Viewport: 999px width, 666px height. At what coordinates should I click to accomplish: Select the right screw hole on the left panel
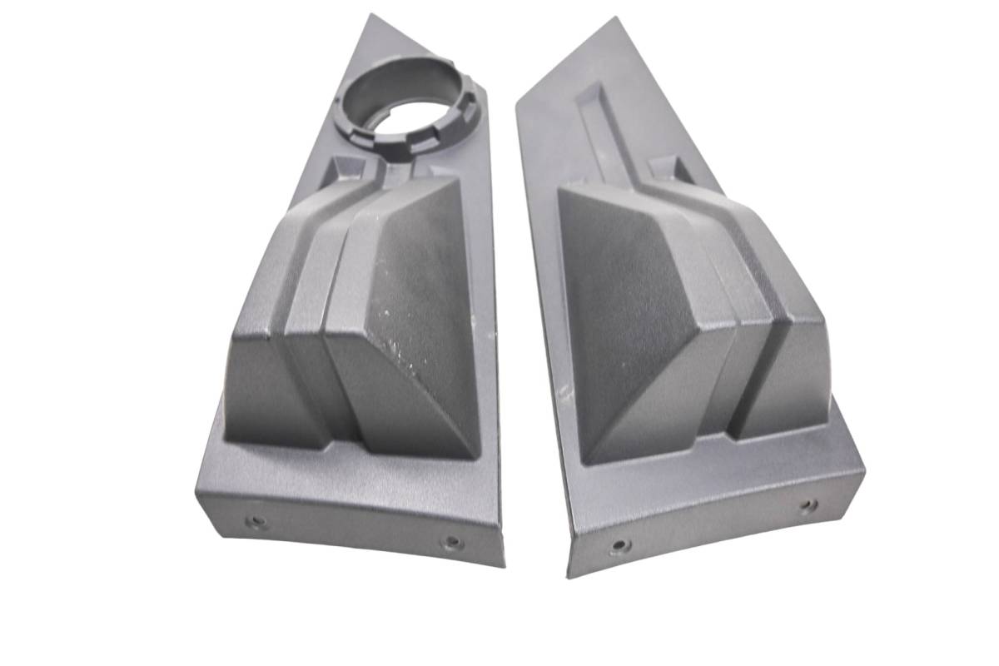[452, 543]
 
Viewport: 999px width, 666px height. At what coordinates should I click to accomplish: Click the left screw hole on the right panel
[619, 546]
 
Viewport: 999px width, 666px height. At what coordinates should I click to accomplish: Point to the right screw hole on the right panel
[807, 505]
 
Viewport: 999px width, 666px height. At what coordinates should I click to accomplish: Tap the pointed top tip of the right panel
[615, 17]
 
